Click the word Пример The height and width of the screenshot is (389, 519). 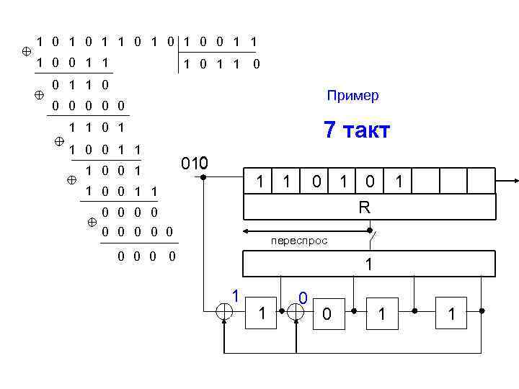point(352,96)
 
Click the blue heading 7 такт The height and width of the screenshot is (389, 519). point(357,130)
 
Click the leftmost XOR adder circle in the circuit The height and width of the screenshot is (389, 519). point(225,311)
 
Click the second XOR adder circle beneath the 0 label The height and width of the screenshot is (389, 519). point(296,311)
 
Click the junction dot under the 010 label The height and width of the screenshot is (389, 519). point(204,176)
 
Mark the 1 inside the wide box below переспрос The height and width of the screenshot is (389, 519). point(368,264)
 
